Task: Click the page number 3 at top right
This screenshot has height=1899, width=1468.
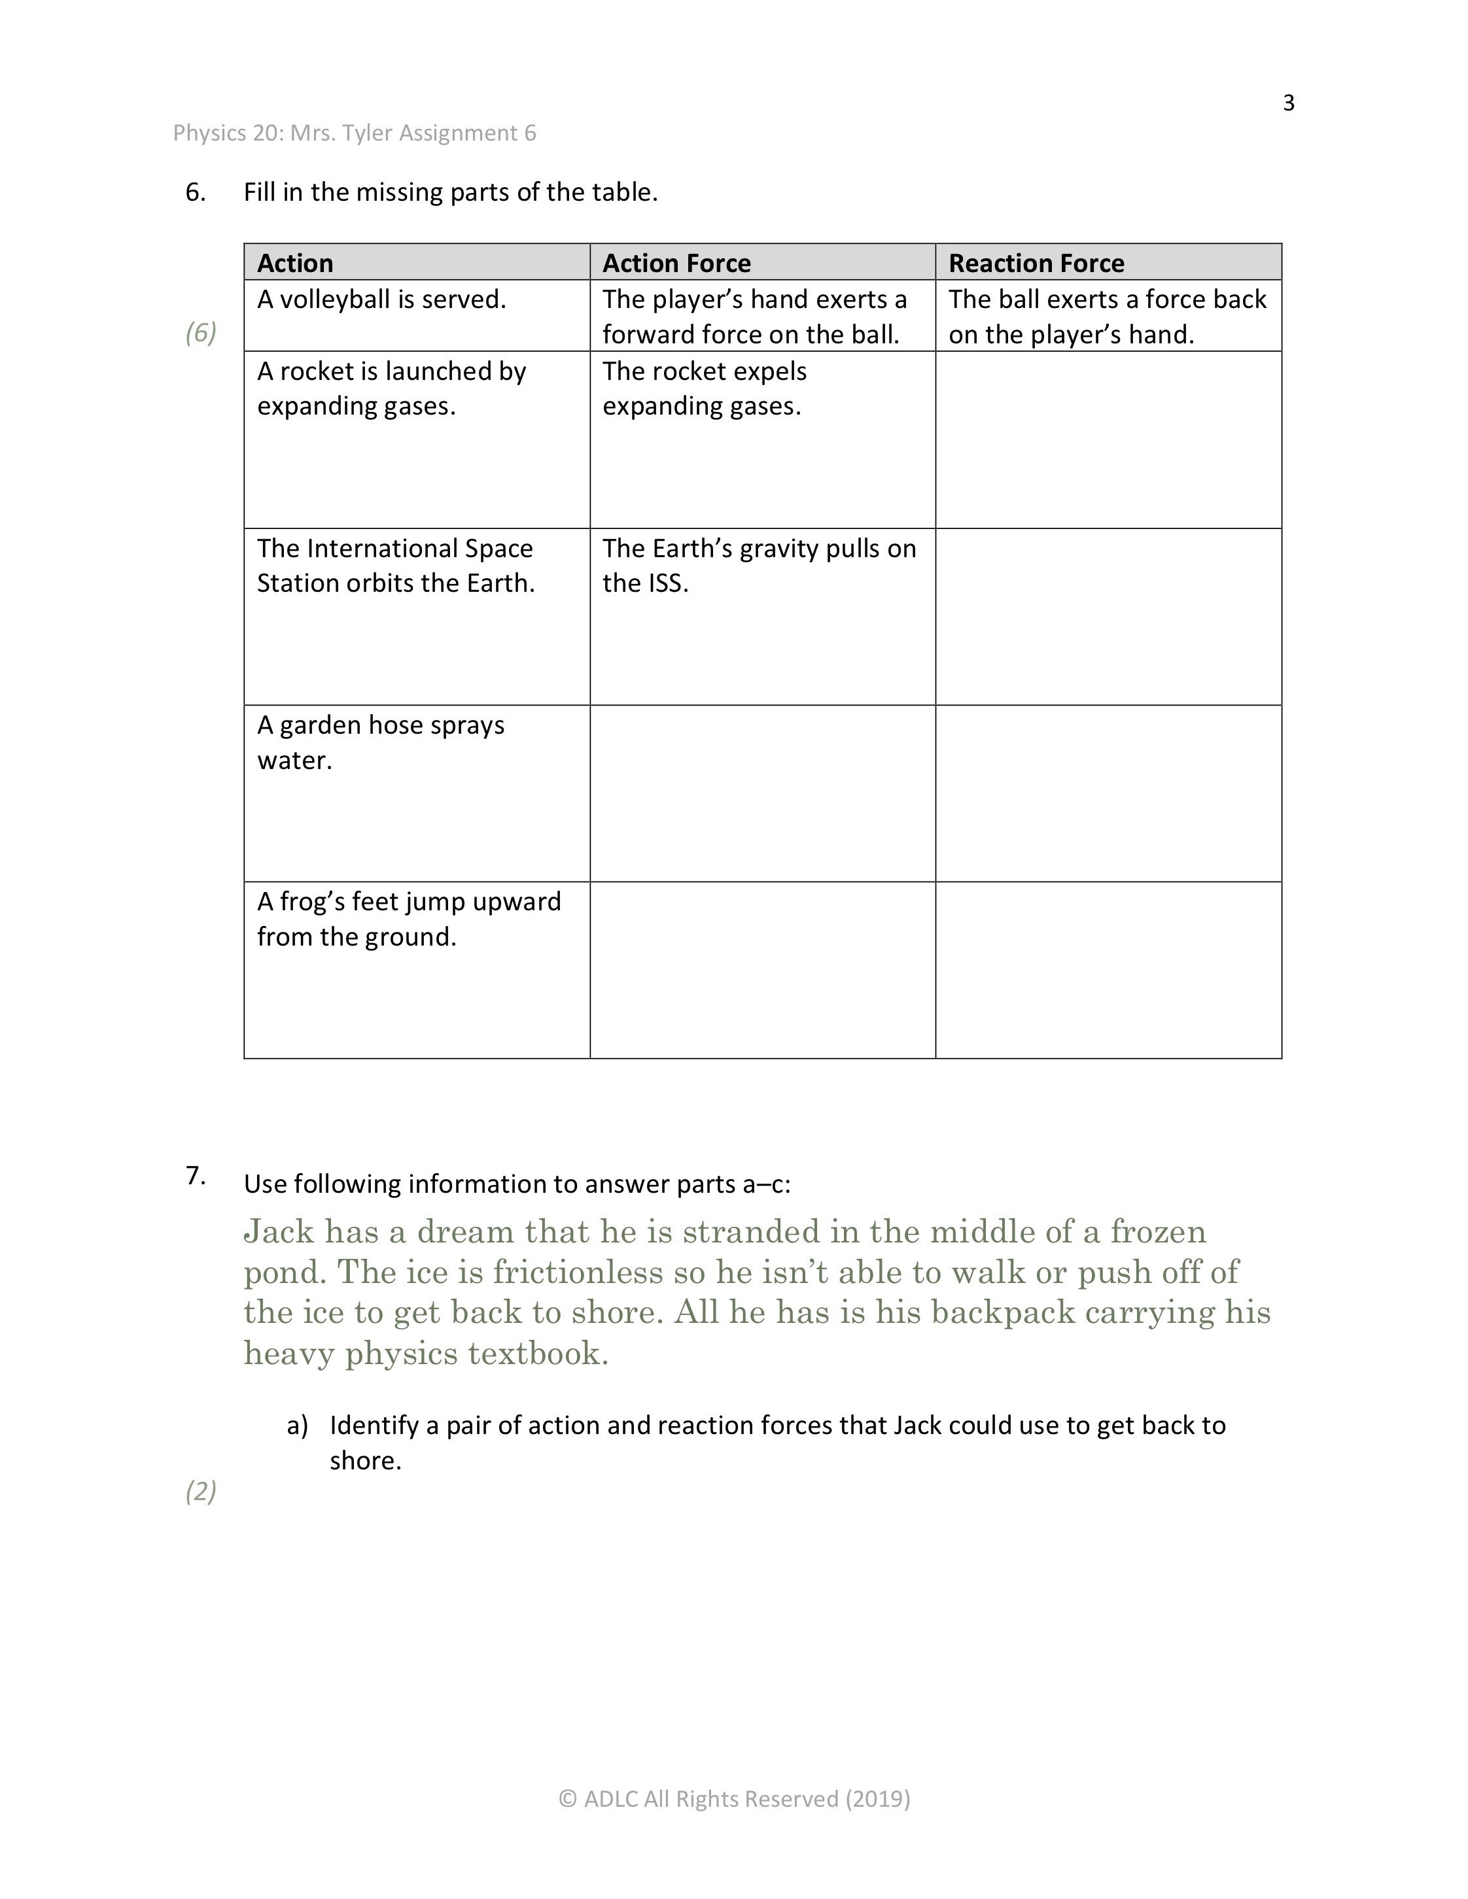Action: click(1288, 103)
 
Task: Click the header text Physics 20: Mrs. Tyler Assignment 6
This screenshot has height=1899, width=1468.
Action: click(354, 133)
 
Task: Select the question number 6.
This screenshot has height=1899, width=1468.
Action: click(195, 192)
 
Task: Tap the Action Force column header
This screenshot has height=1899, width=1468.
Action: click(676, 263)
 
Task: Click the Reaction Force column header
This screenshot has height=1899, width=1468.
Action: click(1036, 263)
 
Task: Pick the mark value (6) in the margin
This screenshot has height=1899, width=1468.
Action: click(200, 332)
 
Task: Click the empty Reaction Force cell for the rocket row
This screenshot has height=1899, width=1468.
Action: click(1108, 440)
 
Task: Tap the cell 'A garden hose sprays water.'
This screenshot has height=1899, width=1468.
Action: click(380, 743)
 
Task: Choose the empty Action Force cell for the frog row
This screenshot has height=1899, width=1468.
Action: click(762, 970)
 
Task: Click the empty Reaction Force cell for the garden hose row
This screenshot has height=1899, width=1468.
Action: click(1108, 793)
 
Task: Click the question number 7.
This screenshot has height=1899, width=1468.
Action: click(195, 1177)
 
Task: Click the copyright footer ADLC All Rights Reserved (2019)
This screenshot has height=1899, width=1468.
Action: click(734, 1798)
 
